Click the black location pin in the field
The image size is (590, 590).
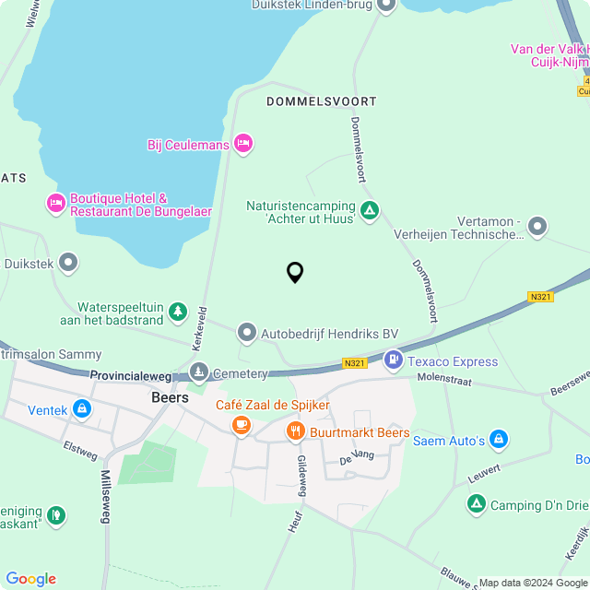tap(295, 273)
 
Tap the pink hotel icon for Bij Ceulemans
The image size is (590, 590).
tap(243, 143)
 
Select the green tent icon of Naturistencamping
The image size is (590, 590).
tap(370, 211)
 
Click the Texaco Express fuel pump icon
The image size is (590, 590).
tap(394, 359)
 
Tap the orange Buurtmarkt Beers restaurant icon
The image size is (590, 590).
tap(295, 431)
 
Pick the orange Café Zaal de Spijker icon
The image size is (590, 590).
tap(242, 424)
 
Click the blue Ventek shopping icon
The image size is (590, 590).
tap(82, 407)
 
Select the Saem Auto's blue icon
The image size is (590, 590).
tap(499, 439)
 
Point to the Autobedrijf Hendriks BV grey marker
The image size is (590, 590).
tap(246, 331)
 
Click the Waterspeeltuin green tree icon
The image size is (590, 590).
tap(178, 313)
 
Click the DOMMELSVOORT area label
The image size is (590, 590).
tap(309, 100)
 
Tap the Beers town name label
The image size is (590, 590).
tap(170, 398)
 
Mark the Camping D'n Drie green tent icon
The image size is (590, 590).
tap(476, 503)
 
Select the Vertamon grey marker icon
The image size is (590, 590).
tap(537, 226)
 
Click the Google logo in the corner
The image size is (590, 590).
tap(30, 578)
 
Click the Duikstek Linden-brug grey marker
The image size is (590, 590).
tap(386, 6)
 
